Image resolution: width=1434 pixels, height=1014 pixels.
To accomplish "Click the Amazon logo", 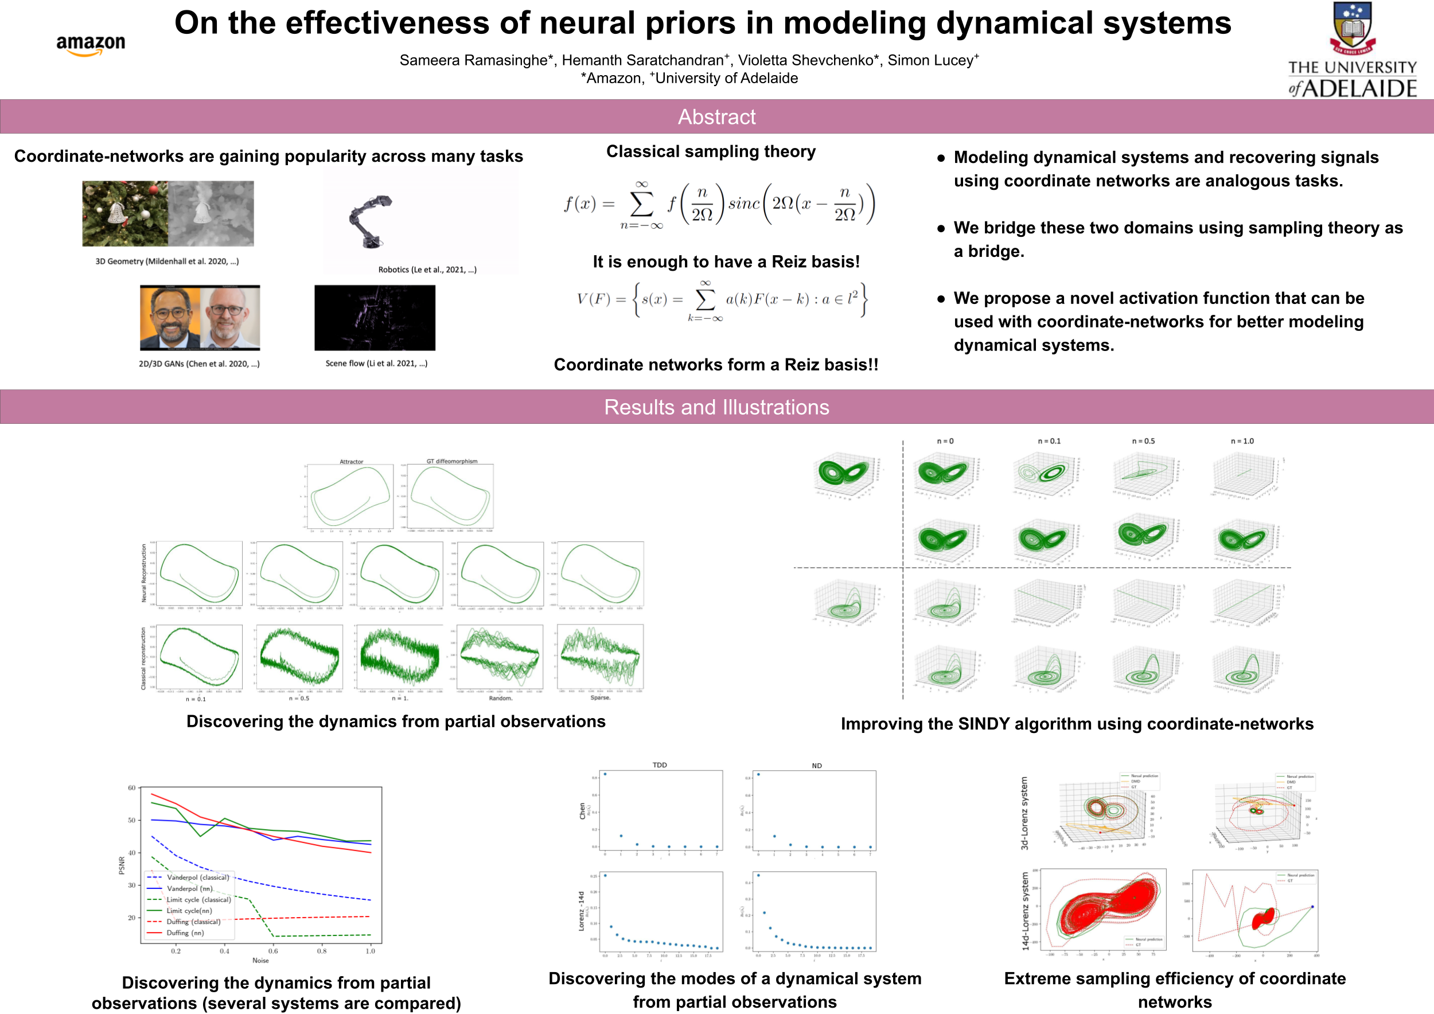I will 91,45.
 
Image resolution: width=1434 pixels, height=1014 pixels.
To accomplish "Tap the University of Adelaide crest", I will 1352,28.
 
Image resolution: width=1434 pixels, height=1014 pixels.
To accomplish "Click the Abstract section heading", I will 716,117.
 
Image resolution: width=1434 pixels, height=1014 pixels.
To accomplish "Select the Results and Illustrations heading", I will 716,407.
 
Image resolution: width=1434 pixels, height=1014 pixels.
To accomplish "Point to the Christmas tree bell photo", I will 125,213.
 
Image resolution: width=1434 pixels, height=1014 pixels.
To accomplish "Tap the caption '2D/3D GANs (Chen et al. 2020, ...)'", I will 198,364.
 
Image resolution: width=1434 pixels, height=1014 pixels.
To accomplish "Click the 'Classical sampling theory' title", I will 711,152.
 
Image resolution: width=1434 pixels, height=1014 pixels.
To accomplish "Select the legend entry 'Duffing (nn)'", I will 185,933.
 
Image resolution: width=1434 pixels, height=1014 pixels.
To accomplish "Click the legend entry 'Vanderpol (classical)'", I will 197,877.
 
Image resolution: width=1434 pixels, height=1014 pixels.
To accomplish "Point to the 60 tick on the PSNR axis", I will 132,788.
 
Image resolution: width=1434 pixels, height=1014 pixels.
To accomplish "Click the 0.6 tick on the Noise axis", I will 273,951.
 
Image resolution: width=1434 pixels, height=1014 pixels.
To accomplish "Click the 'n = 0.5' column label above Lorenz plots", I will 1143,441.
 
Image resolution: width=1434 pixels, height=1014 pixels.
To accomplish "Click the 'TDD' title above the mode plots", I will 660,765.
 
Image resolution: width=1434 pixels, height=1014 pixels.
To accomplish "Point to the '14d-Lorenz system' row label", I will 1025,911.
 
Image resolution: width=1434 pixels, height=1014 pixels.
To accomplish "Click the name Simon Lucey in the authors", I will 930,60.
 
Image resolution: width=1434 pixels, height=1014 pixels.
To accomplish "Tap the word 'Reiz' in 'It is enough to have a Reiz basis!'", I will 789,262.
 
